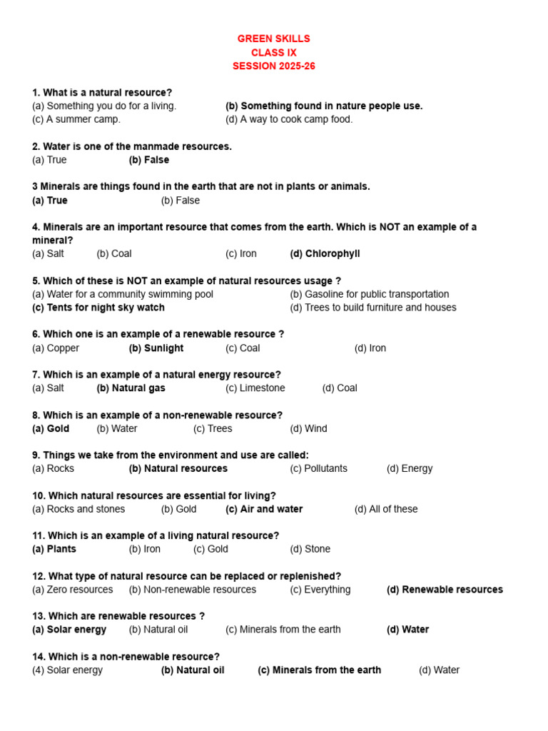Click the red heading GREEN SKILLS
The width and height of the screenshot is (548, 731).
pyautogui.click(x=273, y=39)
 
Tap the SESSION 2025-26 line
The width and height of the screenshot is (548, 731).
pyautogui.click(x=273, y=66)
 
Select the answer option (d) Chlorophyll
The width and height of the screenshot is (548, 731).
pyautogui.click(x=325, y=253)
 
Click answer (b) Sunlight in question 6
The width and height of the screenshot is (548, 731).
pyautogui.click(x=156, y=348)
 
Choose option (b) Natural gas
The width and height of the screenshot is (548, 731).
pyautogui.click(x=131, y=388)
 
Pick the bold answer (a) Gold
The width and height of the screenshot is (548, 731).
pyautogui.click(x=51, y=429)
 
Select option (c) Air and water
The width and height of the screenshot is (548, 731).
pyautogui.click(x=264, y=509)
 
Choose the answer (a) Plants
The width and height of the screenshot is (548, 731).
pyautogui.click(x=54, y=549)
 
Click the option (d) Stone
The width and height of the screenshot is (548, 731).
pyautogui.click(x=310, y=549)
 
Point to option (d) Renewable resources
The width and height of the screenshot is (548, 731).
pyautogui.click(x=445, y=590)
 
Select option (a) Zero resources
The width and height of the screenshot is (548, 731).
pyautogui.click(x=73, y=590)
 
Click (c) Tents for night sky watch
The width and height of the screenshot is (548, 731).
pyautogui.click(x=98, y=308)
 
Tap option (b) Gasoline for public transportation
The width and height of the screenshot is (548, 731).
pyautogui.click(x=370, y=294)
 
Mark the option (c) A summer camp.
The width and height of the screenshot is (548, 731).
pyautogui.click(x=76, y=119)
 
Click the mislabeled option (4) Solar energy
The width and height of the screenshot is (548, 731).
pyautogui.click(x=68, y=670)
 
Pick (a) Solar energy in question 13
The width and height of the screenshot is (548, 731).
pyautogui.click(x=69, y=630)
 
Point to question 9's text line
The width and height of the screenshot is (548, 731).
pyautogui.click(x=171, y=455)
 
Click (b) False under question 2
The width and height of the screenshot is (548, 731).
pyautogui.click(x=148, y=160)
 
